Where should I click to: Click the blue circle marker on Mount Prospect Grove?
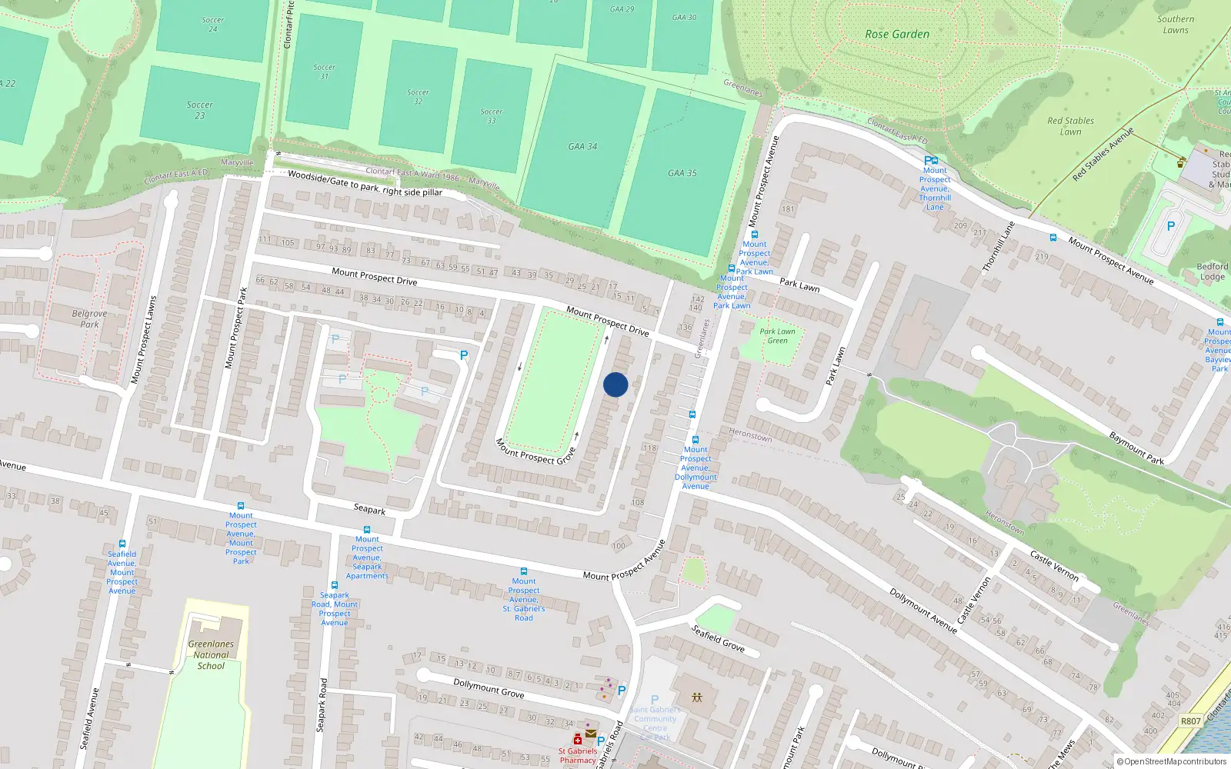[x=615, y=384]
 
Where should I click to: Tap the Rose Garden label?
[x=897, y=35]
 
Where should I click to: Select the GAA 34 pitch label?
[x=582, y=146]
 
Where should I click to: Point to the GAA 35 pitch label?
[x=682, y=173]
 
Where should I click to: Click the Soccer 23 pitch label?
[x=200, y=110]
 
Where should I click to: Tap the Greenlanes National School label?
[x=211, y=655]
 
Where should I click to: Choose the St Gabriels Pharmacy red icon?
[x=577, y=740]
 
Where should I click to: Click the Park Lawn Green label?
[x=777, y=336]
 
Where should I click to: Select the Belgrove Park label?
[x=89, y=318]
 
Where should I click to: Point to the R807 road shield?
[x=1190, y=721]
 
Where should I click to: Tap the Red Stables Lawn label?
[x=1070, y=126]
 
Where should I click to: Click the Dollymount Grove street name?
[x=489, y=688]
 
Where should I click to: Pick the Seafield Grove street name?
[x=718, y=638]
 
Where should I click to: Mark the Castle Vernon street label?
[x=1054, y=565]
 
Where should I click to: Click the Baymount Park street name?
[x=1136, y=448]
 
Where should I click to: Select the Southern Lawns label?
[x=1176, y=25]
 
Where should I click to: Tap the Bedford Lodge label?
[x=1212, y=271]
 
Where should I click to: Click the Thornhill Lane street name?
[x=999, y=246]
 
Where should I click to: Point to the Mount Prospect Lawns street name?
[x=144, y=339]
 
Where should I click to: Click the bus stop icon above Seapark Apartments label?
[x=367, y=530]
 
